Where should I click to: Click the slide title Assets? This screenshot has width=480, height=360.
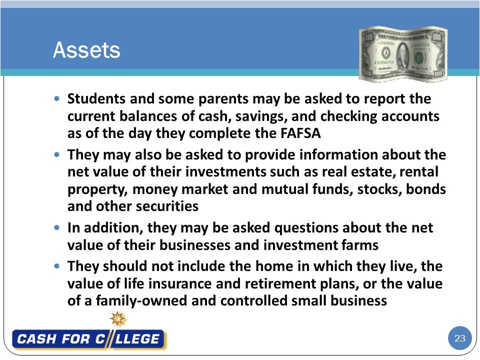coord(86,50)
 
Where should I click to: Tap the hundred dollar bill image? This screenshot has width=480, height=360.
coord(403,54)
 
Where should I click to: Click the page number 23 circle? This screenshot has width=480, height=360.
coord(459,338)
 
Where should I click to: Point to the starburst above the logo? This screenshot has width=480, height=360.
coord(118,318)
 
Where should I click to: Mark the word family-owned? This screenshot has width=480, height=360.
coord(134,301)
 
